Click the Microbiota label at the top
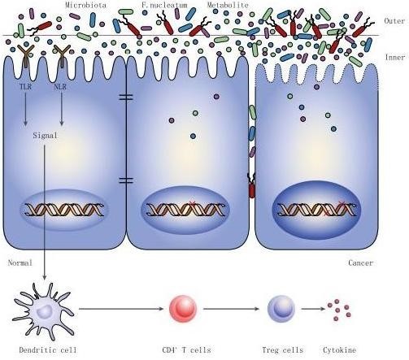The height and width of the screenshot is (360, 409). pyautogui.click(x=85, y=5)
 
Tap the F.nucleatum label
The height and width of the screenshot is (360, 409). pyautogui.click(x=164, y=5)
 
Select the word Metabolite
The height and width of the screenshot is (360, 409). pyautogui.click(x=228, y=5)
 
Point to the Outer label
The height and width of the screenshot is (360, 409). pyautogui.click(x=394, y=21)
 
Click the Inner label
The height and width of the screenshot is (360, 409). pyautogui.click(x=395, y=57)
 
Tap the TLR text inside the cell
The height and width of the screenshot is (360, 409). pyautogui.click(x=25, y=87)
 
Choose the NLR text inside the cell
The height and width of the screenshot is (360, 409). pyautogui.click(x=60, y=87)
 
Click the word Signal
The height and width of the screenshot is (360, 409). pyautogui.click(x=45, y=135)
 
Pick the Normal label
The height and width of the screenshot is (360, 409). pyautogui.click(x=20, y=262)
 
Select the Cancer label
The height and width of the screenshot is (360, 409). pyautogui.click(x=360, y=262)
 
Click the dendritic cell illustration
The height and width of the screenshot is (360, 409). pyautogui.click(x=44, y=311)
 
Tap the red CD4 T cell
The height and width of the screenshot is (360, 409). pyautogui.click(x=183, y=309)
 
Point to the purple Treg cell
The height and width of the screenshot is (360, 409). pyautogui.click(x=281, y=309)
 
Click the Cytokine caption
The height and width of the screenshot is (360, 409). pyautogui.click(x=339, y=350)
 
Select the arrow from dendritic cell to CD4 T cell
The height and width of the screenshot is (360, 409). pyautogui.click(x=121, y=309)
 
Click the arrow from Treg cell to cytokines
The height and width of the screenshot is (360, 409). pyautogui.click(x=313, y=309)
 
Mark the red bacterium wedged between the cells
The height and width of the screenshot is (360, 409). pyautogui.click(x=252, y=186)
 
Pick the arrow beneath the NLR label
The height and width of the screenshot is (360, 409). pyautogui.click(x=62, y=109)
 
